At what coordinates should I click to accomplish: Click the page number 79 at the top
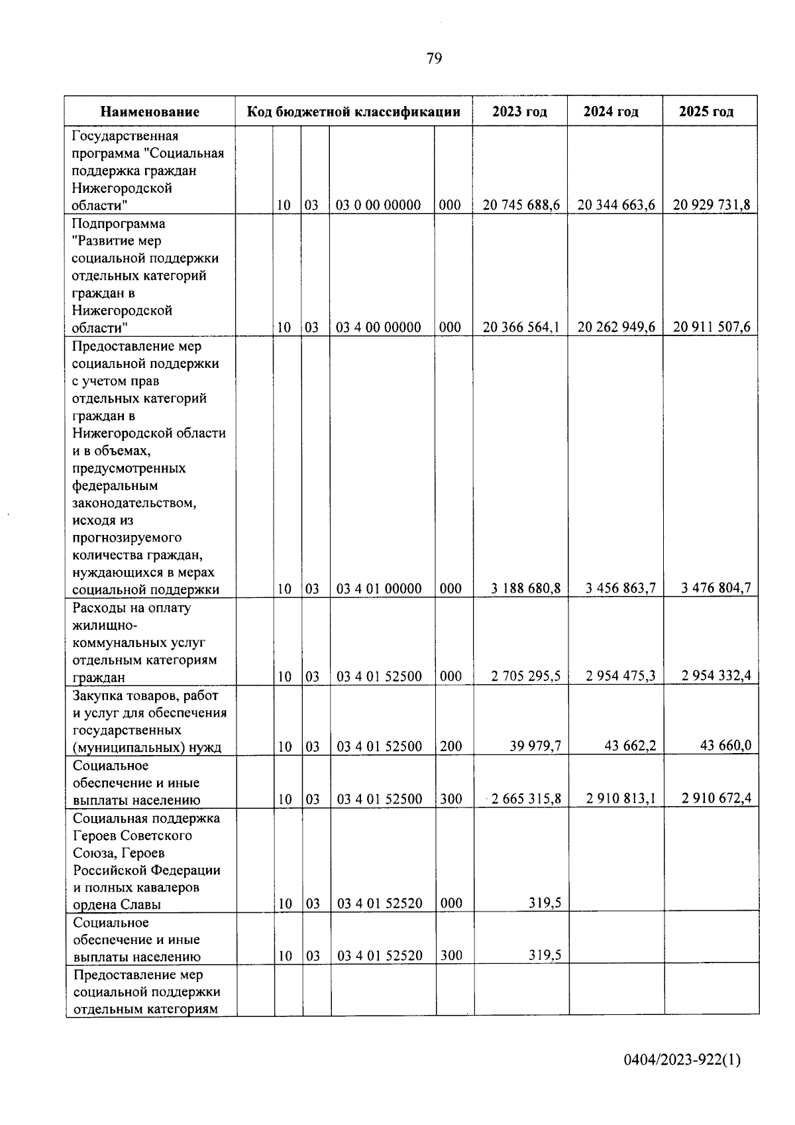[x=434, y=59]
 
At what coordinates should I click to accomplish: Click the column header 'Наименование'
[x=150, y=112]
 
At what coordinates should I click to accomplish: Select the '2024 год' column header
[x=611, y=111]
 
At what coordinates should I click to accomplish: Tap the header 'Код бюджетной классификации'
[x=354, y=111]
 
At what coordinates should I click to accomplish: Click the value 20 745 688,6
[x=521, y=206]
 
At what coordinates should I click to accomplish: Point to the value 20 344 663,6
[x=616, y=206]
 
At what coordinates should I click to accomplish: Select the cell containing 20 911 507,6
[x=712, y=327]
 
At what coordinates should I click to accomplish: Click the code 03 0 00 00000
[x=378, y=206]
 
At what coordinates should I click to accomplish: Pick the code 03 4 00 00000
[x=378, y=327]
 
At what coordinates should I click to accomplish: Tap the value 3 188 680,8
[x=527, y=589]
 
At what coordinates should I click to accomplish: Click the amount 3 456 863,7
[x=621, y=589]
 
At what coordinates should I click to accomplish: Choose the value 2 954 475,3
[x=621, y=676]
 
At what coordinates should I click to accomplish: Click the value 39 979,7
[x=535, y=746]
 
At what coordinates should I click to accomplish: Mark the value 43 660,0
[x=725, y=746]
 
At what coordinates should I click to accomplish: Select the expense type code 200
[x=451, y=746]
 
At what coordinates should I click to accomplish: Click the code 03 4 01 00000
[x=379, y=589]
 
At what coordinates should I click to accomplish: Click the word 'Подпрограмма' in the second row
[x=119, y=223]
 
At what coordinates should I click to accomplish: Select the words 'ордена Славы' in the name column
[x=117, y=905]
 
